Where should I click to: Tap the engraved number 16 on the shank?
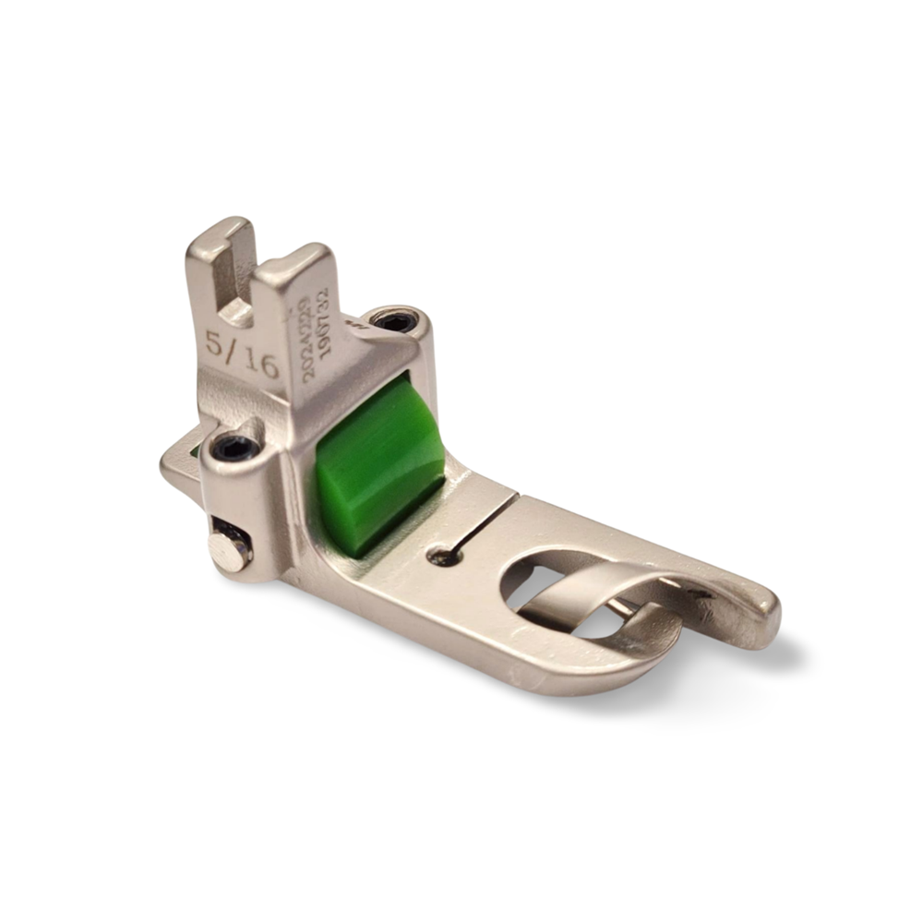tap(262, 365)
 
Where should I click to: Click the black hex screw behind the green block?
tap(397, 321)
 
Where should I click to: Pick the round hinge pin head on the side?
tap(228, 550)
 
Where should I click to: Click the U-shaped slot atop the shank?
tap(237, 277)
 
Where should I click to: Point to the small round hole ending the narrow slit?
tap(442, 557)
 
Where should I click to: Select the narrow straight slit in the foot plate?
tap(480, 526)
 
